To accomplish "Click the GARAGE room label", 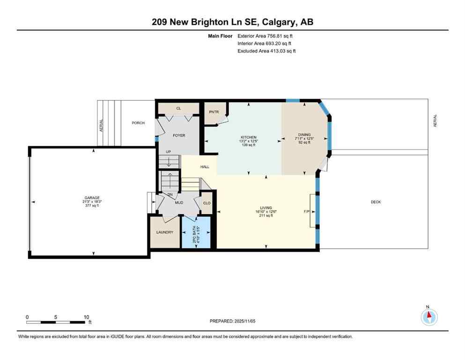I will coord(92,198).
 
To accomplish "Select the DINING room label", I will coord(304,135).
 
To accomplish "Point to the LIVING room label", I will coord(266,208).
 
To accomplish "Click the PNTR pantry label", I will coord(214,112).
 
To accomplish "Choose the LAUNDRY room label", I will coord(164,232).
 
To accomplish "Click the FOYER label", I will coord(179,135).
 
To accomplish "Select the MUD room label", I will coord(179,202).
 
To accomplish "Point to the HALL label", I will coord(205,166).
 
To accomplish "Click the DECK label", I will coord(376,202).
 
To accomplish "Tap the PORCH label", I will coord(138,123).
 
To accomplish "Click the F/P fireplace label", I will coord(307,212).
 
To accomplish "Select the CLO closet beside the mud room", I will coord(207,203).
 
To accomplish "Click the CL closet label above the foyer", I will coord(178,108).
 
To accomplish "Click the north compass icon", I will coord(429,317).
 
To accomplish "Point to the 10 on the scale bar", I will coord(87,317).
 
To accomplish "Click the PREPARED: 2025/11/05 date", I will coord(233,321).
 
